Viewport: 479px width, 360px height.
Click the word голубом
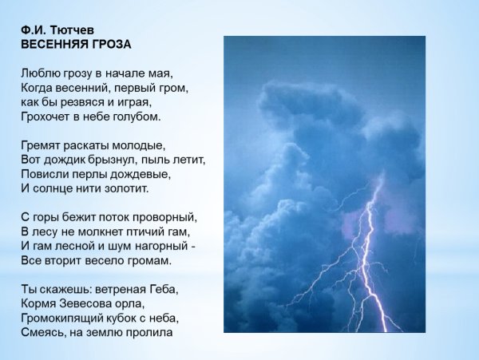click(139, 117)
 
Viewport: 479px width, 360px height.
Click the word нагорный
click(160, 246)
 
